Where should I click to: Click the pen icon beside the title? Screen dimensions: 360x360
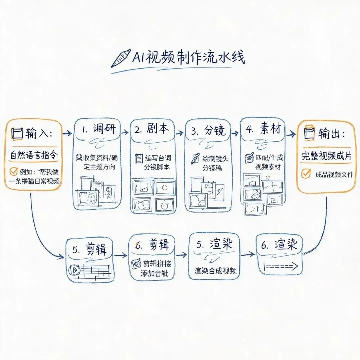click(121, 58)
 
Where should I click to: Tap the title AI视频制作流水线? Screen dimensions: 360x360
click(189, 57)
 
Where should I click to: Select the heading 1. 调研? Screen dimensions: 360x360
click(99, 129)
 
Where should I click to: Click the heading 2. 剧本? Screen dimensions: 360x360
click(152, 129)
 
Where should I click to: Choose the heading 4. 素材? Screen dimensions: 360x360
click(264, 129)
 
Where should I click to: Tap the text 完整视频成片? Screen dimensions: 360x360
click(326, 156)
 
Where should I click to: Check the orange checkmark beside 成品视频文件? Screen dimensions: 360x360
click(306, 174)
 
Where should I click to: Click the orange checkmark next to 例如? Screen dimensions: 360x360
click(14, 171)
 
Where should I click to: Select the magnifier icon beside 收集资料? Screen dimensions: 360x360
click(79, 158)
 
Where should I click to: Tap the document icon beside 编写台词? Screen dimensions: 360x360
click(139, 158)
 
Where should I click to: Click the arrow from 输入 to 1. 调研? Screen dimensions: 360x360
click(67, 133)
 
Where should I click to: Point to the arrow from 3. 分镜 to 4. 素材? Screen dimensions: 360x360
click(235, 133)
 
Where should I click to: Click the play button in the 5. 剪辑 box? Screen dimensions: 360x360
click(74, 270)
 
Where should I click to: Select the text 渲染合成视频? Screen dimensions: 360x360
click(215, 271)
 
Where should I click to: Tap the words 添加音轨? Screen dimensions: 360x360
click(155, 273)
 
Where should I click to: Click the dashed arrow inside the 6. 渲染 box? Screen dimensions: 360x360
click(281, 266)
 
